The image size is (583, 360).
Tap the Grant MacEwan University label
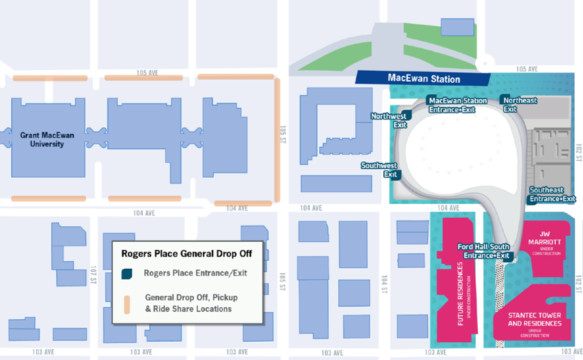click(x=42, y=139)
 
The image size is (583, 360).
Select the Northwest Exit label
click(x=388, y=120)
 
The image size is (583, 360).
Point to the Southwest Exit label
click(x=380, y=170)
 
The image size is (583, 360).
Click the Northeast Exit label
click(x=520, y=103)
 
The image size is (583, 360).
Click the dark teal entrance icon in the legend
click(x=127, y=274)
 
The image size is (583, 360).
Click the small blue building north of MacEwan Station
click(x=458, y=27)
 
